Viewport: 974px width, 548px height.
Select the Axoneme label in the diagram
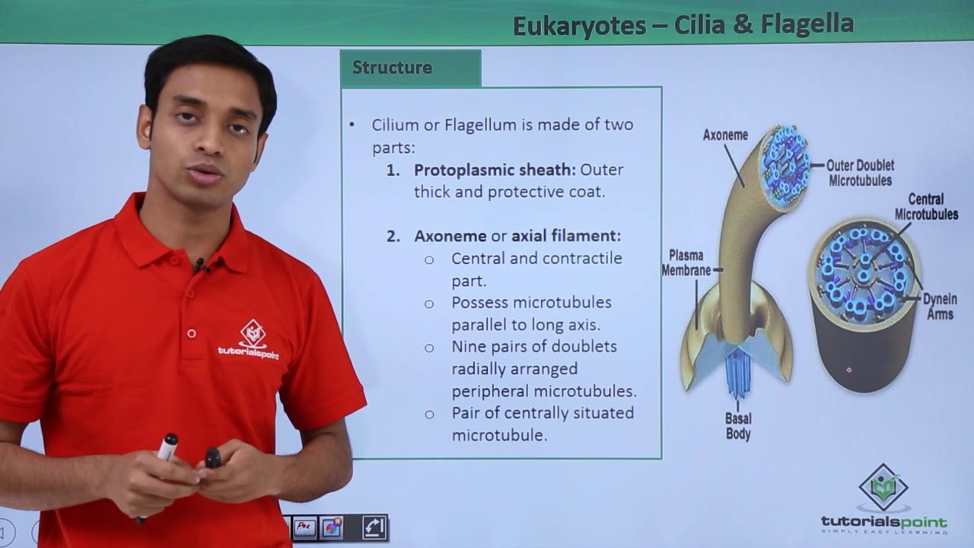tap(725, 135)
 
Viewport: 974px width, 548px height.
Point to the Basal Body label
tap(738, 426)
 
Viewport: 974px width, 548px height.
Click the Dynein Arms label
tap(940, 306)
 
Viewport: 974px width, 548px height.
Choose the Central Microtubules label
tap(926, 206)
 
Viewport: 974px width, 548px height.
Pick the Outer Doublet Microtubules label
tap(861, 173)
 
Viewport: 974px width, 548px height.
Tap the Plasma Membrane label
tap(686, 263)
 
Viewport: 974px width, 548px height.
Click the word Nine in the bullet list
tap(469, 347)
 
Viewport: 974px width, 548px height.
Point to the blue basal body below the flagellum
tap(737, 373)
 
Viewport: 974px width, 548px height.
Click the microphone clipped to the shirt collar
tap(200, 266)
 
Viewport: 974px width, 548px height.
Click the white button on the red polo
tap(192, 333)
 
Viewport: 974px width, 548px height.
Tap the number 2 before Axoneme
tap(393, 236)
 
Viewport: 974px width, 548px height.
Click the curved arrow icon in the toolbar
tap(374, 526)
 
